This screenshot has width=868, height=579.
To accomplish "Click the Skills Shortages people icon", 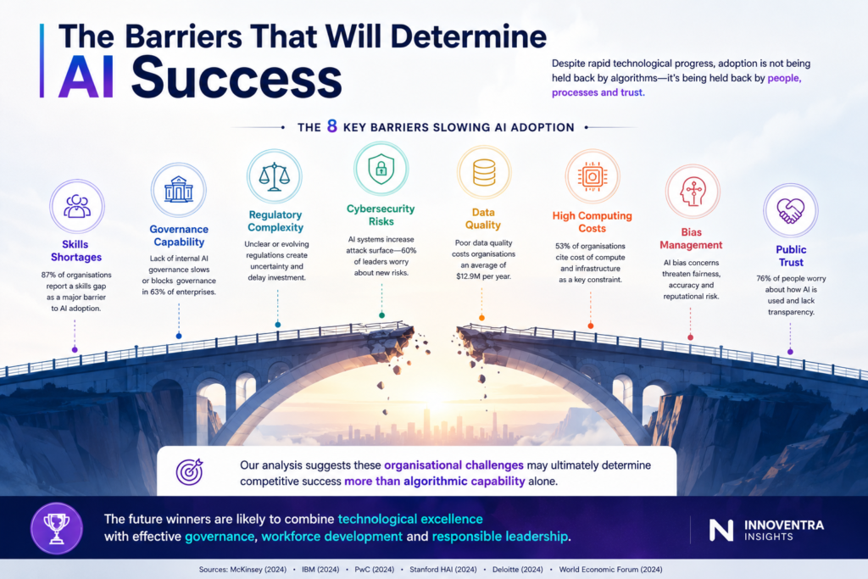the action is [77, 206].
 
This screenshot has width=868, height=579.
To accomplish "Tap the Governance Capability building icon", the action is [178, 189].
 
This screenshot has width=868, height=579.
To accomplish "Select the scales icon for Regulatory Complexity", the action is [275, 176].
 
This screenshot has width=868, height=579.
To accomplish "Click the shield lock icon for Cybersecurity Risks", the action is [381, 169].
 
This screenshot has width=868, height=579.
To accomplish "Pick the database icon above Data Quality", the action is [484, 172].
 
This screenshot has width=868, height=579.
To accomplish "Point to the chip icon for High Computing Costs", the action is [593, 176].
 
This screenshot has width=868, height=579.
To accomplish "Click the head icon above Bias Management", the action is [692, 192].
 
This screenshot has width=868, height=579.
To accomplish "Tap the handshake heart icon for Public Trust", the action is [791, 210].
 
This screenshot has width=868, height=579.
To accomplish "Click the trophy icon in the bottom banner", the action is [57, 528].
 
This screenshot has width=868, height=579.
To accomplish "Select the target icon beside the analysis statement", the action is [189, 471].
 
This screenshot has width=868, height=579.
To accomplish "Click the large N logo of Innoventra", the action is [721, 530].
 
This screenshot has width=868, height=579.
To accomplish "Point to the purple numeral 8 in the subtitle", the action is [332, 126].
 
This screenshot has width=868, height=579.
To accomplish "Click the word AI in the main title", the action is [86, 77].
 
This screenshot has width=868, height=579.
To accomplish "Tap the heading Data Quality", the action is [483, 219].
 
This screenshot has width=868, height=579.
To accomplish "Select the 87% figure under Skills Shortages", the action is [48, 275].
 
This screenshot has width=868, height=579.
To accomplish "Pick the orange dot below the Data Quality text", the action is [481, 318].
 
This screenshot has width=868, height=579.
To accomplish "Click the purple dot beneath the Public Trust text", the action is [791, 352].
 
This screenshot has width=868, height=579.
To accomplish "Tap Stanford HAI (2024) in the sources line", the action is [442, 569].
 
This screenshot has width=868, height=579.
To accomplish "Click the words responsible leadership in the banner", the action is [500, 537].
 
